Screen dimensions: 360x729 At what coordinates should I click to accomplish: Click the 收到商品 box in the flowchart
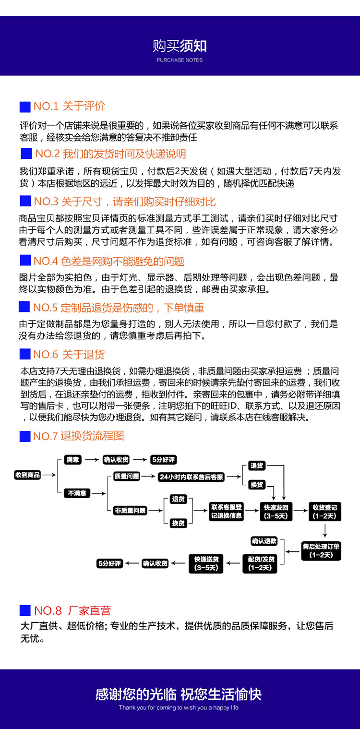pos(27,475)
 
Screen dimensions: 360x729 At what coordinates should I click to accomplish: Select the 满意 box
pos(73,459)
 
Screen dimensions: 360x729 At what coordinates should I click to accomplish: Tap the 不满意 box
pos(77,493)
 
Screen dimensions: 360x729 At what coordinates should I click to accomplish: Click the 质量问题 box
pos(126,476)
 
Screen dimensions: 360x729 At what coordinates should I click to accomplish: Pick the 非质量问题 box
pos(130,511)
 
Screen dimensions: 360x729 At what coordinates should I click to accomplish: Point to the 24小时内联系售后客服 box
pos(191,477)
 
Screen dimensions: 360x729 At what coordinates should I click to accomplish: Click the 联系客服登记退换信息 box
pos(227,512)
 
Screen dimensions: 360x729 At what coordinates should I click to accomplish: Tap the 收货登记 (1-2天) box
pos(324,512)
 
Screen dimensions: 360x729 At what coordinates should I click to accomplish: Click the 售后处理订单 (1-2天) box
pos(321,550)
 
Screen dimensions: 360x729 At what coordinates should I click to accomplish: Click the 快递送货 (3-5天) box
pos(206,563)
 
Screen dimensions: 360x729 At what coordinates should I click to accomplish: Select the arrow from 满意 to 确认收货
pos(91,460)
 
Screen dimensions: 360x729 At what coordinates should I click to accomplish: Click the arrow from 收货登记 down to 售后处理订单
pos(325,530)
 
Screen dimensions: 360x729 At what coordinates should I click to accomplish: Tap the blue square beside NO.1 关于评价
pos(25,107)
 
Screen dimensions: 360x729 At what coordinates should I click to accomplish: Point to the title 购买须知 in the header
pos(180,46)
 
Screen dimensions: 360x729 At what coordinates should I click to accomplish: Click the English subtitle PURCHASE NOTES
pos(180,60)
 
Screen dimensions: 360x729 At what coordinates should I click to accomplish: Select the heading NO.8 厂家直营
pos(72,610)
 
